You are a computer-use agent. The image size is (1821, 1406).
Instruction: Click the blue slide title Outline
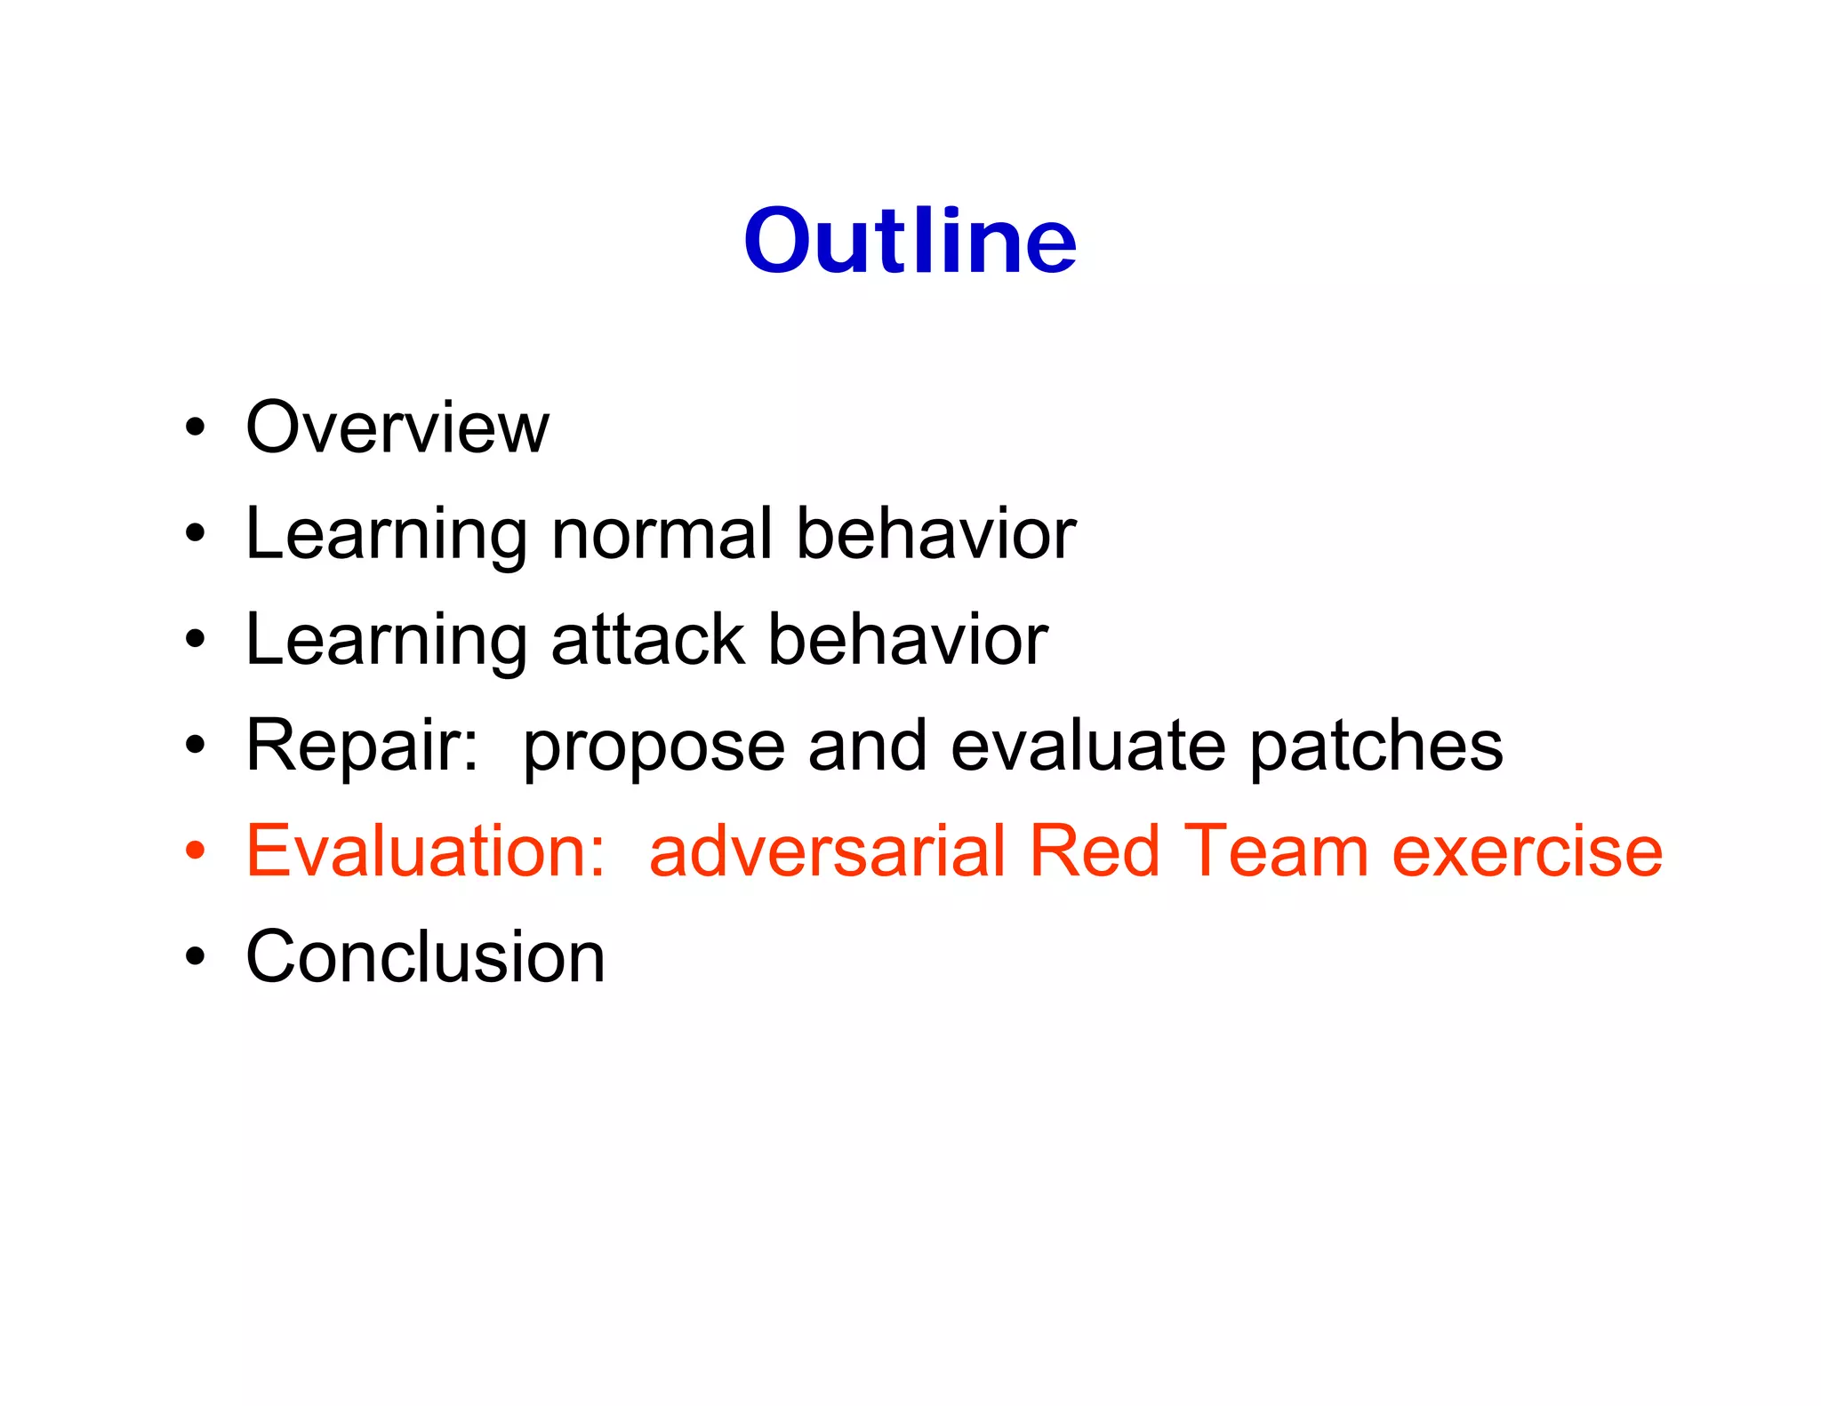(x=910, y=240)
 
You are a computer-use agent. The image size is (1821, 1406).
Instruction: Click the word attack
(x=647, y=639)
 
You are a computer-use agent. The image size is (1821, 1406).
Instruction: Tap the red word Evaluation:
(x=425, y=851)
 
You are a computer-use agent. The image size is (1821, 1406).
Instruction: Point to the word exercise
(x=1527, y=851)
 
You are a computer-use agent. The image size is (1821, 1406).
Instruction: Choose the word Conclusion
(x=425, y=956)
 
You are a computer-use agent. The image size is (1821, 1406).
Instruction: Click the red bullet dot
(x=195, y=851)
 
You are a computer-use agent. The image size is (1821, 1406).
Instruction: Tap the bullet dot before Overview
(x=195, y=428)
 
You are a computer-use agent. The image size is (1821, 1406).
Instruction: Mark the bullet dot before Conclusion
(x=195, y=957)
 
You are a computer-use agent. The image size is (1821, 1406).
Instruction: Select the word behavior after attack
(x=908, y=639)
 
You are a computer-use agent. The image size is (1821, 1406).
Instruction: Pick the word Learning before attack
(x=387, y=641)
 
